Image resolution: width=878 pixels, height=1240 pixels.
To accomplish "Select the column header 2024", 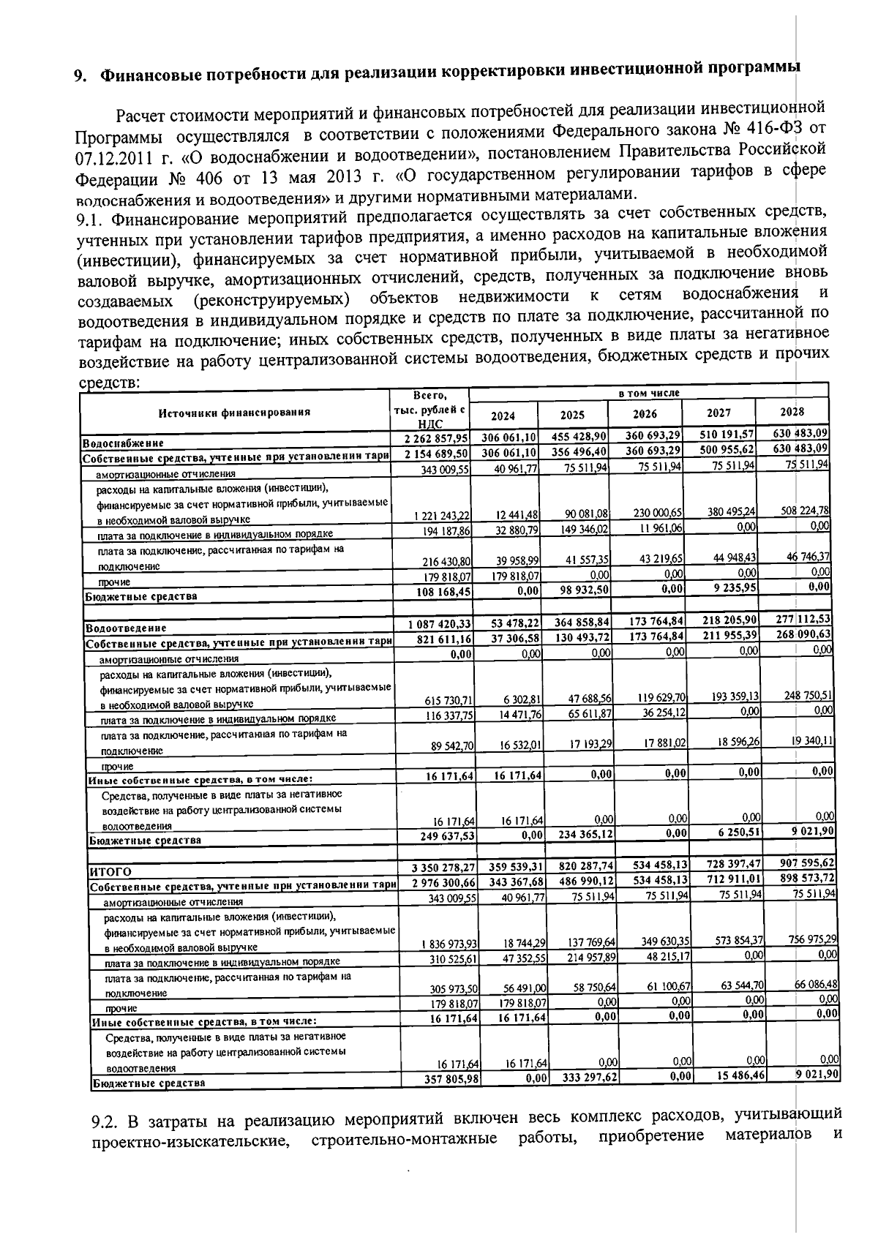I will (x=503, y=416).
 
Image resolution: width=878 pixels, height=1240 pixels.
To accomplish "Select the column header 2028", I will (x=792, y=411).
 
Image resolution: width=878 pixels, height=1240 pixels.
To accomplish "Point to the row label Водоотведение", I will (x=126, y=628).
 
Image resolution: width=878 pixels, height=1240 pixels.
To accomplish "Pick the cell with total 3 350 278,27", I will (x=444, y=868).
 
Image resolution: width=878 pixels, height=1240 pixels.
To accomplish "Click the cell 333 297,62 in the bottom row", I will (x=590, y=1078).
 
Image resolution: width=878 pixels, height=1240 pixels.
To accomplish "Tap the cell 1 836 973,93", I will (x=449, y=944).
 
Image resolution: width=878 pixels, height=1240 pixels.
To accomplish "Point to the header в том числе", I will (x=649, y=393).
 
